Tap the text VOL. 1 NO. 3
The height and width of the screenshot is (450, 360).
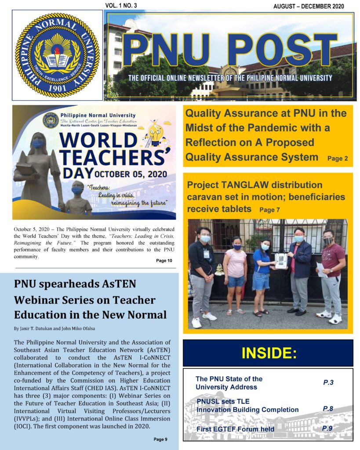point(121,5)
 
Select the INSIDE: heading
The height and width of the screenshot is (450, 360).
point(268,353)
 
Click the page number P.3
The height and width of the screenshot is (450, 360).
point(328,382)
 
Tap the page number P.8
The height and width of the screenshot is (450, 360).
point(328,409)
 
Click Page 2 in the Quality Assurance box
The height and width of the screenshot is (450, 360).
point(338,159)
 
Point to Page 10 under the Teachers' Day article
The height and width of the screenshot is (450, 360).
point(164,261)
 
